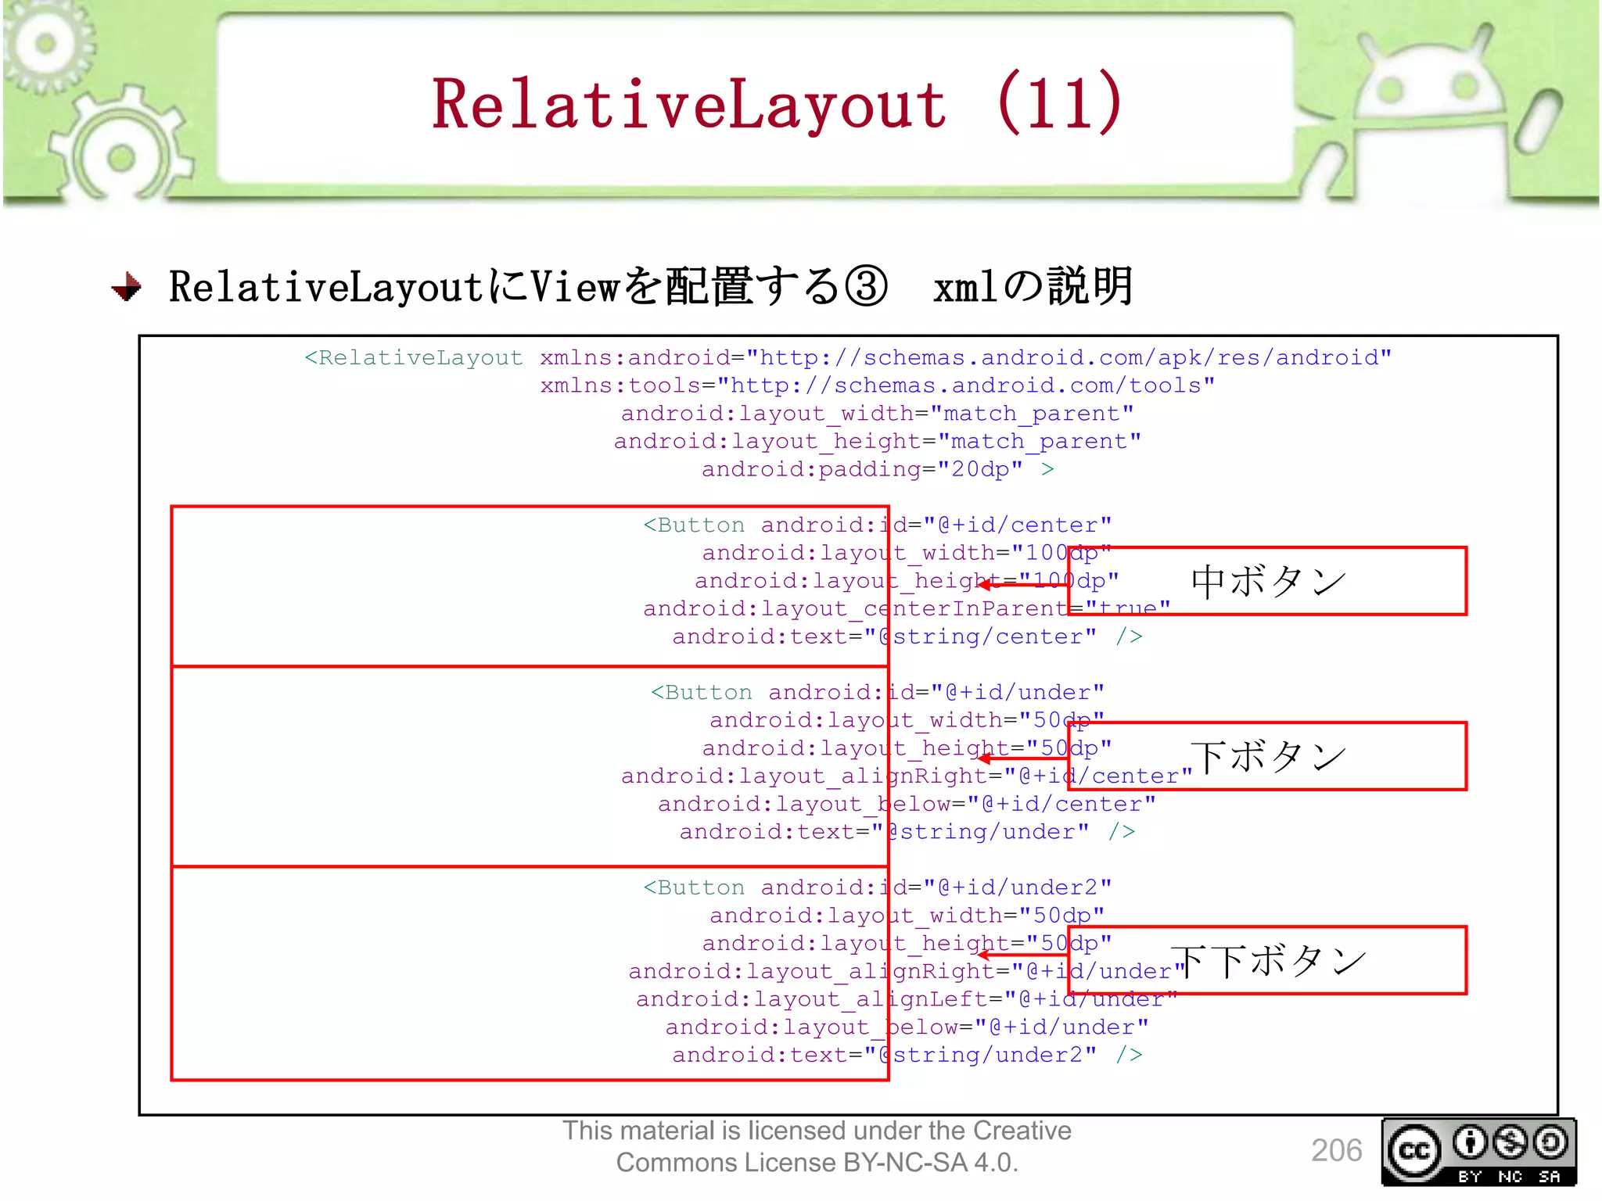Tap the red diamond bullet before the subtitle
coord(127,287)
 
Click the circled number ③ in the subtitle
coord(866,286)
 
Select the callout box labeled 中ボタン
coord(1267,581)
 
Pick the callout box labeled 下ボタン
coord(1267,756)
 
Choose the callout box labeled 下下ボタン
coord(1267,960)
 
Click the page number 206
coord(1336,1150)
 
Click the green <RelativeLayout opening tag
coord(413,358)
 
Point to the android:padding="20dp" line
coord(876,469)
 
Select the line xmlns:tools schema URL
coord(877,385)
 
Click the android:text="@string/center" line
coord(907,636)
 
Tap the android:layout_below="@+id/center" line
coord(906,804)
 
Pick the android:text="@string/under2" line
coord(907,1055)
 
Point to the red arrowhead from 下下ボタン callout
coord(984,954)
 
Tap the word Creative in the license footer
coord(1022,1131)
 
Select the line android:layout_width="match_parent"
coord(877,414)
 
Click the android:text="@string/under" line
coord(907,831)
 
